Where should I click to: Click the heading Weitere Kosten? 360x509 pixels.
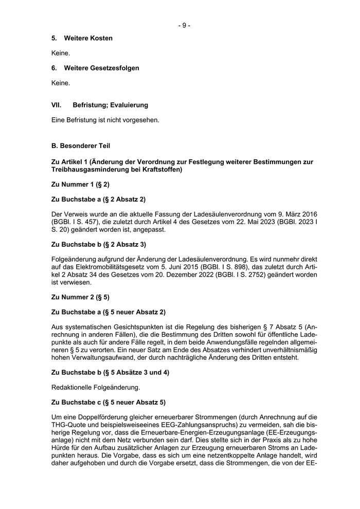tap(88, 39)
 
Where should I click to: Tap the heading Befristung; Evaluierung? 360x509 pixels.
tap(110, 105)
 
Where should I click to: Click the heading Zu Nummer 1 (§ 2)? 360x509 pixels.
tap(81, 184)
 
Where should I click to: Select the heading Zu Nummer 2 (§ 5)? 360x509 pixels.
tap(81, 297)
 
